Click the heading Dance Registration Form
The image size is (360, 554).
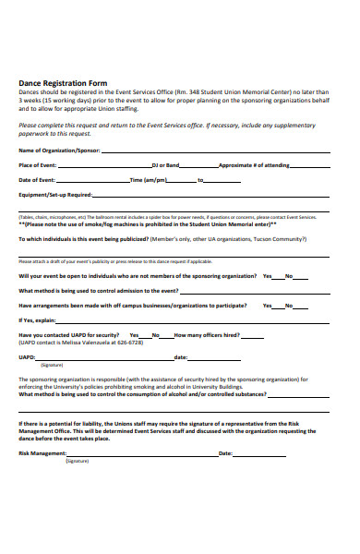[x=63, y=83]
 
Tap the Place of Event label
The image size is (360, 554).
[x=38, y=164]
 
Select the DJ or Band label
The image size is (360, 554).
[x=165, y=164]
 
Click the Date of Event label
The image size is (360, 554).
[x=37, y=179]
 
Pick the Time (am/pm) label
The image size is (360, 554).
[x=149, y=179]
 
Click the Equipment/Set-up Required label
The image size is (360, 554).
[x=55, y=195]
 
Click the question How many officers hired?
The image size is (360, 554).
[x=207, y=334]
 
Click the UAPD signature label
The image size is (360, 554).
[x=27, y=356]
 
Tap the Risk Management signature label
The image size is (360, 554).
[x=42, y=453]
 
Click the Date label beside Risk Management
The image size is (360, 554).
[x=225, y=453]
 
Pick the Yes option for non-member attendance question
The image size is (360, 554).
[x=267, y=276]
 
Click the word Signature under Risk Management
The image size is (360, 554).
[x=77, y=460]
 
